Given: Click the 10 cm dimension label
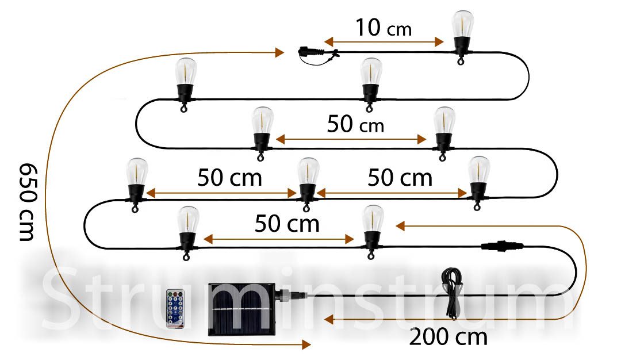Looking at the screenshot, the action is coord(384,28).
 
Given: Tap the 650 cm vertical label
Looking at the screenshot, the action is coord(28,202).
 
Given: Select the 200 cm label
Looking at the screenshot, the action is coord(448,337).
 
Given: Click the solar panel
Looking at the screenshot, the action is coord(241,309).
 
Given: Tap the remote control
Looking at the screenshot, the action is coord(175,308).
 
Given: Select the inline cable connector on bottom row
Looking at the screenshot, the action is coord(502,246).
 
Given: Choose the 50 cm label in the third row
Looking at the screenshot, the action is coord(355,124).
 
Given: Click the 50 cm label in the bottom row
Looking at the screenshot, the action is coord(287,224).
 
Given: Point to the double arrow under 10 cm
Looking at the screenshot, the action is coord(384,41).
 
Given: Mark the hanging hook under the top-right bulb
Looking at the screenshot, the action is coord(461,60).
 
